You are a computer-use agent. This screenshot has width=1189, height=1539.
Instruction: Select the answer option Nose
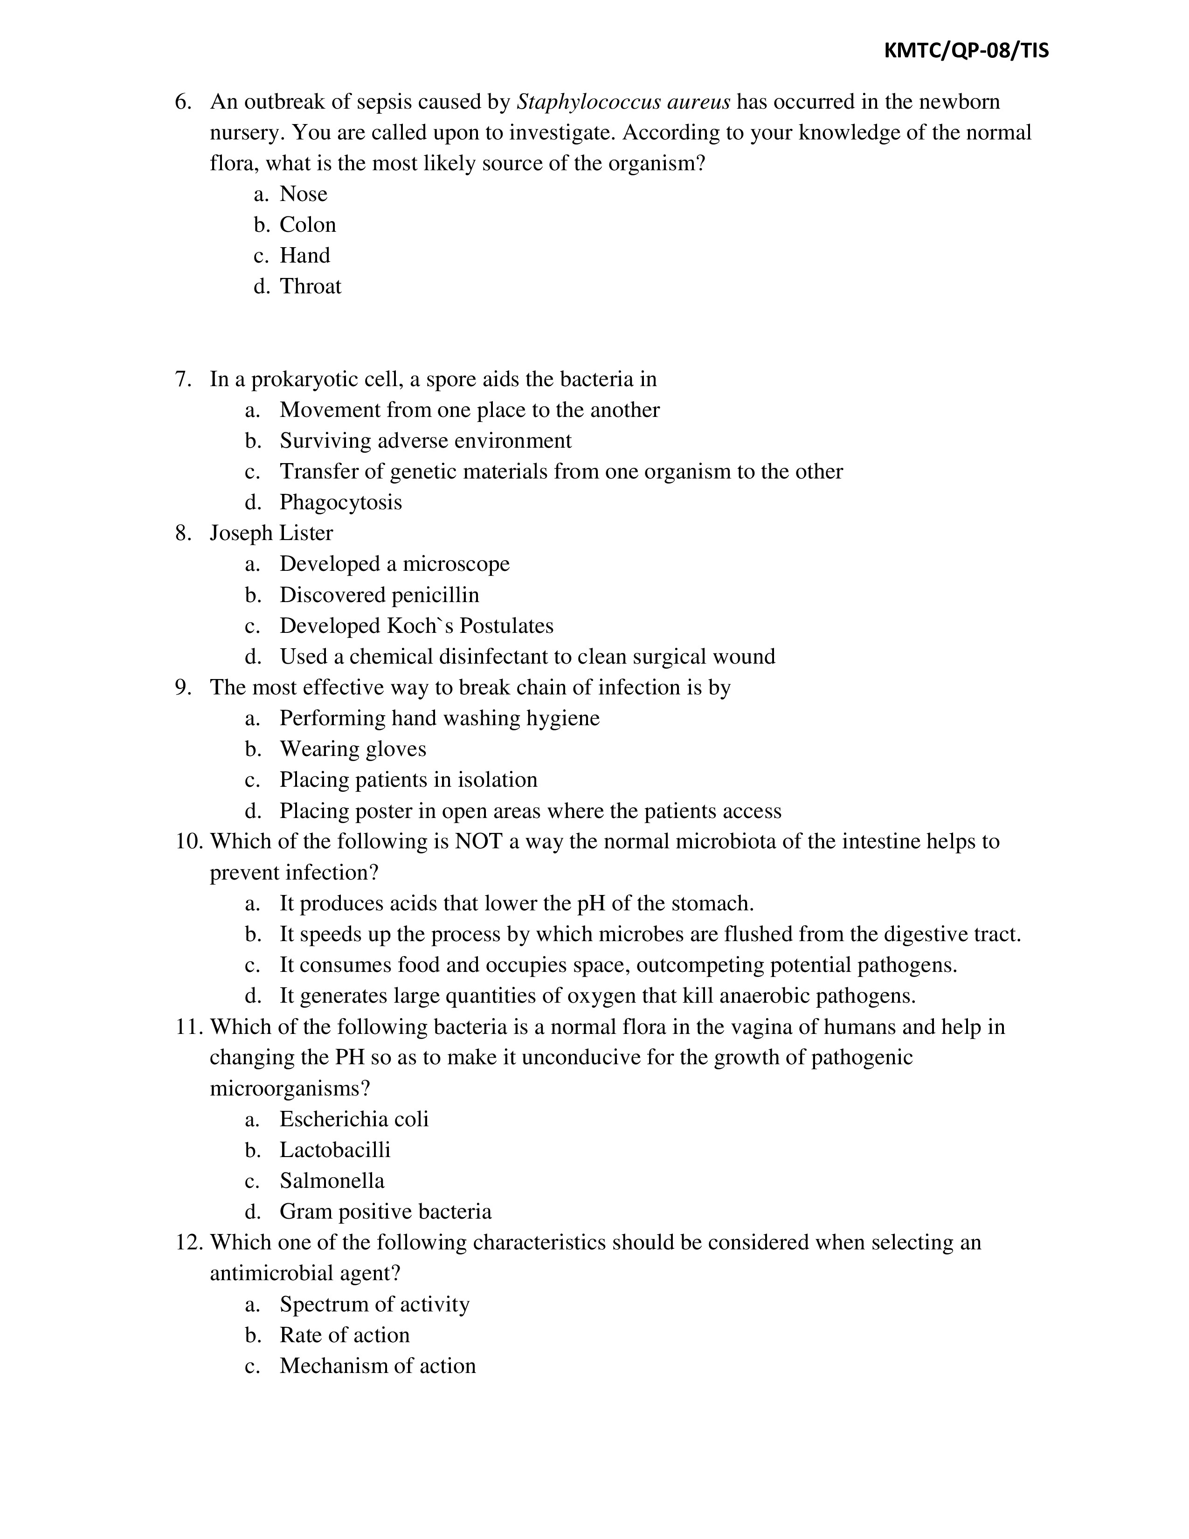tap(303, 194)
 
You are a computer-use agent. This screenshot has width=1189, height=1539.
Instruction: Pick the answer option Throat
tap(310, 286)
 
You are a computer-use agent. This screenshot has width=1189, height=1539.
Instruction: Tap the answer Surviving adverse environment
tap(425, 440)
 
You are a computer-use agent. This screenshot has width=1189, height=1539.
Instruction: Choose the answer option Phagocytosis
tap(340, 502)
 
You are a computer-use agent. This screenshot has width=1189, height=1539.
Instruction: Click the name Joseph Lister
tap(271, 533)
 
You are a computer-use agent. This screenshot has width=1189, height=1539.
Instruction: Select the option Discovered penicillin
tap(379, 595)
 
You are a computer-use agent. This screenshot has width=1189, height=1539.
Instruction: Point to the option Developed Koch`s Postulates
tap(416, 626)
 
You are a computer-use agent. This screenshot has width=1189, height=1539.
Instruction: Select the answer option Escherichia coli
tap(353, 1119)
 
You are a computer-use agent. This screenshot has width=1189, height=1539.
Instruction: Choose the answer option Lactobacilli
tap(335, 1150)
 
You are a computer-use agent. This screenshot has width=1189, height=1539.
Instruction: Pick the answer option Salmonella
tap(332, 1180)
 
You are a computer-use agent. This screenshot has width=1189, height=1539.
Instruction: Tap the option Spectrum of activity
tap(374, 1304)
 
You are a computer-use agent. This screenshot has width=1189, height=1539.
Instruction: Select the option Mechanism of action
tap(378, 1366)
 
